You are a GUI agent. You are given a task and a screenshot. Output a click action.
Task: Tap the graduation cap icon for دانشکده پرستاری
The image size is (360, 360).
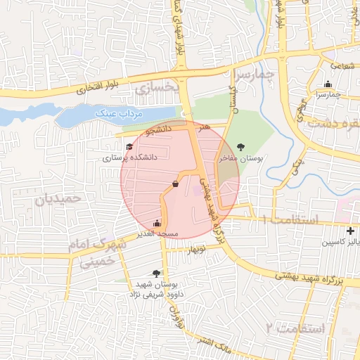point(129,146)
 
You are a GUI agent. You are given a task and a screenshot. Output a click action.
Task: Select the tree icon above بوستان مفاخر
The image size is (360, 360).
point(242,147)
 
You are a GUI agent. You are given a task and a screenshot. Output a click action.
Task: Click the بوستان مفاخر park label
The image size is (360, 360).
point(241,159)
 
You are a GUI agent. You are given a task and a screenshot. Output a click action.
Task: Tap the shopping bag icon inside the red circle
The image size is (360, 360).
point(174,184)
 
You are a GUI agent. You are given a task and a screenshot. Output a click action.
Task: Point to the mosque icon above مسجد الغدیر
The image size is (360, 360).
point(156,224)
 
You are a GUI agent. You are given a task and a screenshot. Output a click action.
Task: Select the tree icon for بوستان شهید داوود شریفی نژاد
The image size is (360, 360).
point(156,274)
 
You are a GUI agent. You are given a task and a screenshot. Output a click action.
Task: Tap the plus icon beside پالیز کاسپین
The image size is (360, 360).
point(351,231)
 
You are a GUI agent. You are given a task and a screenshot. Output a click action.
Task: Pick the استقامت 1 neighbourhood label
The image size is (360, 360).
point(290,220)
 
